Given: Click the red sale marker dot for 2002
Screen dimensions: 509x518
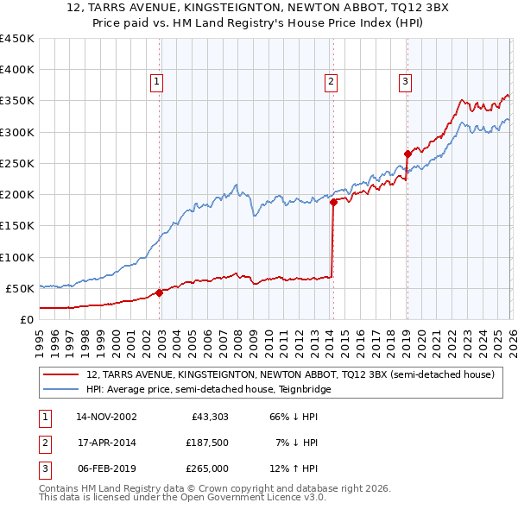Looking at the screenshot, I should [159, 292].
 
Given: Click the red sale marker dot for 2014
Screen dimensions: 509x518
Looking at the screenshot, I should [333, 202].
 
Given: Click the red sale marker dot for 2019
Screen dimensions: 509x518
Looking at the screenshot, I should [407, 154].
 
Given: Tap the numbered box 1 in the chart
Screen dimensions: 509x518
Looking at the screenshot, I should [156, 82].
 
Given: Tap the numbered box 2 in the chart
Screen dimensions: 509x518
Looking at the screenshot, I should [331, 82].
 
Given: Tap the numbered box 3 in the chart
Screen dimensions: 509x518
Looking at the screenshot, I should [405, 82].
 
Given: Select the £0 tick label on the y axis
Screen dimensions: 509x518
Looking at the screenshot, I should [26, 319].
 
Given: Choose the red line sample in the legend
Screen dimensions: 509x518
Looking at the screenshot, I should [61, 375].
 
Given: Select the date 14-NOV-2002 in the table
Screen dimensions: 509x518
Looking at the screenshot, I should [106, 417].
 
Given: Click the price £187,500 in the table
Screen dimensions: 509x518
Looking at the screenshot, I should [207, 443].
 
